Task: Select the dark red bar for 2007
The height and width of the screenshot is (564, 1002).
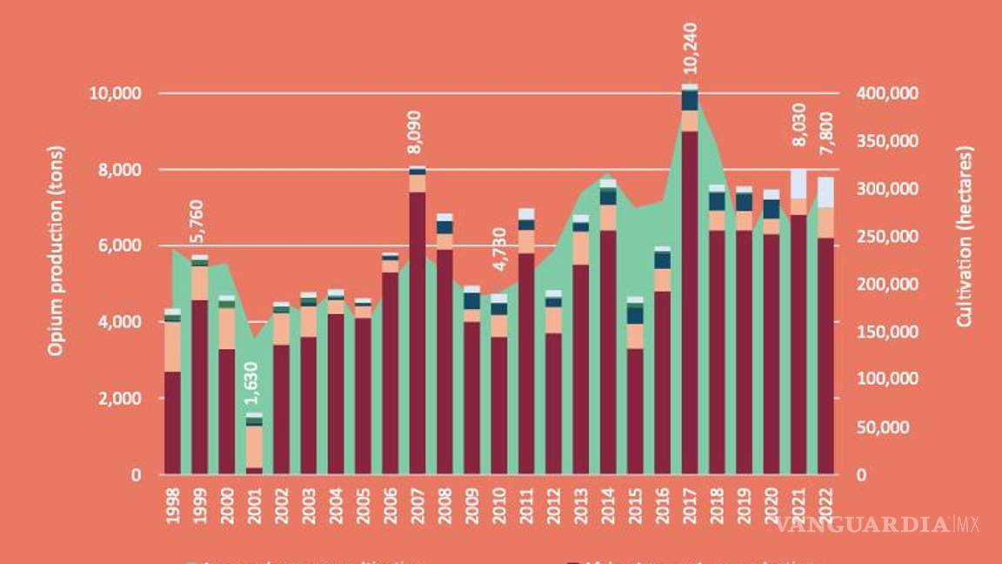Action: point(417,331)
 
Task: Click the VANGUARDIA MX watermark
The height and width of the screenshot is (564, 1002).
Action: point(877,524)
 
